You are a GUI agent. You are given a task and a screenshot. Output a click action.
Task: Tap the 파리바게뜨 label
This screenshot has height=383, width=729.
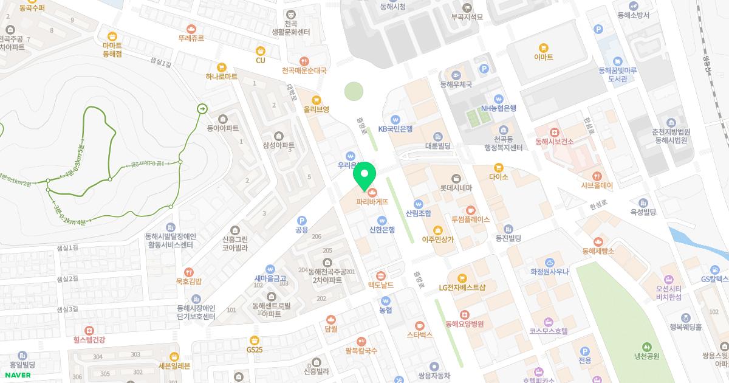(372, 201)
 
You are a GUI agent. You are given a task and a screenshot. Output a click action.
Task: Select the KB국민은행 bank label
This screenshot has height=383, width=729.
(395, 129)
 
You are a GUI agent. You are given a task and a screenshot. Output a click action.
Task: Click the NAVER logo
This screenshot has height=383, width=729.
(16, 374)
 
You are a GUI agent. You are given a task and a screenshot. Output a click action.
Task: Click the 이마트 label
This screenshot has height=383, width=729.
(543, 57)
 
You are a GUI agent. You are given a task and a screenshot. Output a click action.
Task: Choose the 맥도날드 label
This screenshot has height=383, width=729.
(381, 285)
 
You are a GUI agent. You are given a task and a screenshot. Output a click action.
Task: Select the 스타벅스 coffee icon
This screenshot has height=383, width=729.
(419, 325)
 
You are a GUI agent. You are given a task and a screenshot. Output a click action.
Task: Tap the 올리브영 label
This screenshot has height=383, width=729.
(316, 109)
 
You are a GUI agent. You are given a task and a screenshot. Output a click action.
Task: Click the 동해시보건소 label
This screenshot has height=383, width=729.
(554, 142)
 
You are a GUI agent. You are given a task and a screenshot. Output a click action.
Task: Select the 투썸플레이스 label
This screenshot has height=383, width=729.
(470, 219)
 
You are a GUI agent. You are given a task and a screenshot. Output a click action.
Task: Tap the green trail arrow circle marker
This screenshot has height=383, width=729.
(202, 108)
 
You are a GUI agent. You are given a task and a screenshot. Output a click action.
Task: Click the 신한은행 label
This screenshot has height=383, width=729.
(382, 229)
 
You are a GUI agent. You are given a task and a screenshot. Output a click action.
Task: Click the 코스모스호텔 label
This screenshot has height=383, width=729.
(548, 331)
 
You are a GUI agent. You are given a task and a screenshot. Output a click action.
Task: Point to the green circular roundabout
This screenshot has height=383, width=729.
(354, 92)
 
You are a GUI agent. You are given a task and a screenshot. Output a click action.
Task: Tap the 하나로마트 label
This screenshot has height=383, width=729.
(222, 77)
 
